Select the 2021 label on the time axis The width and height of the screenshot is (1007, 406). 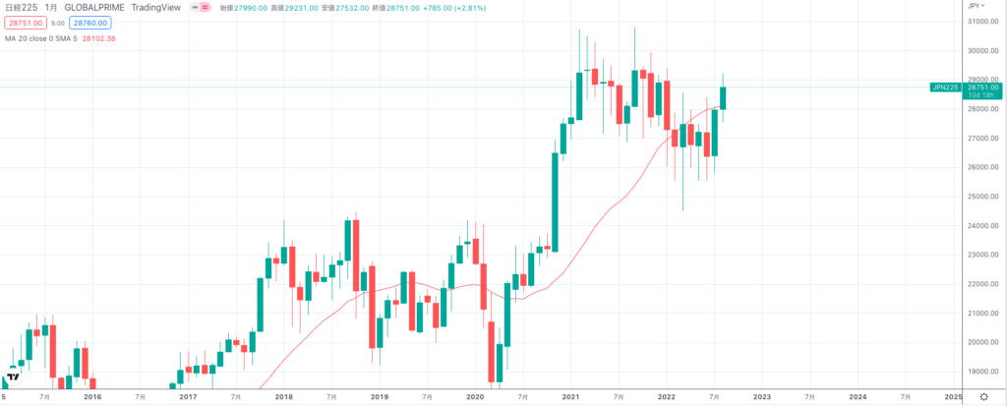(570, 397)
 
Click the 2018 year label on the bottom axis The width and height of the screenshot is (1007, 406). (283, 397)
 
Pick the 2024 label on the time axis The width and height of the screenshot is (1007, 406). (858, 397)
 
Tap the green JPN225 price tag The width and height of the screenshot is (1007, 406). (947, 87)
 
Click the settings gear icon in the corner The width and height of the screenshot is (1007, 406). (982, 396)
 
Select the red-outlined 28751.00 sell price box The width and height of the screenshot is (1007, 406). (24, 22)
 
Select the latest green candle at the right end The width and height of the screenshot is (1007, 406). (723, 97)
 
